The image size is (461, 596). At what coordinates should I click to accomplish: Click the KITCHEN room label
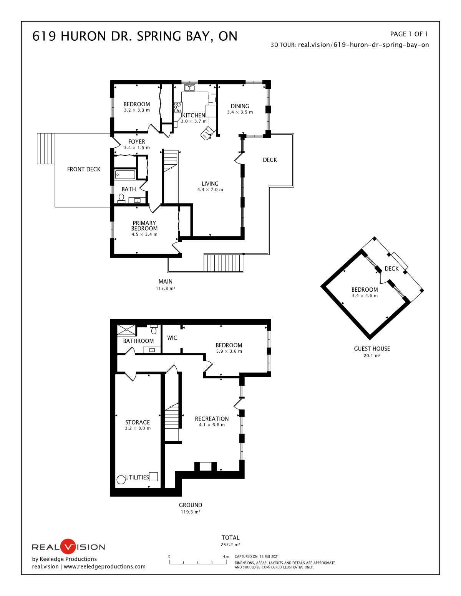click(194, 116)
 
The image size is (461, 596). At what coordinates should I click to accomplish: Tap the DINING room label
click(240, 106)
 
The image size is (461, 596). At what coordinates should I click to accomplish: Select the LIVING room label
click(210, 184)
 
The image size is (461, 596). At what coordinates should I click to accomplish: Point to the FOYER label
click(137, 142)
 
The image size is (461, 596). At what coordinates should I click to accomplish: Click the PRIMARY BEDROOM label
click(144, 226)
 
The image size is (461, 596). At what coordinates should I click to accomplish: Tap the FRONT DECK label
click(84, 169)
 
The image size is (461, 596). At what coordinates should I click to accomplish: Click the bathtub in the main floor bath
click(125, 175)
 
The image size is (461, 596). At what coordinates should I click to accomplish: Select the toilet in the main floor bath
click(121, 198)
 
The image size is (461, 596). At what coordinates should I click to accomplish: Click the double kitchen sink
click(190, 88)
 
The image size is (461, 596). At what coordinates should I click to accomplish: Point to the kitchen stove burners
click(177, 107)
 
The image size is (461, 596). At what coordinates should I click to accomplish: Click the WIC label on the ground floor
click(172, 338)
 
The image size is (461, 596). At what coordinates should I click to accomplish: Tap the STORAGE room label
click(138, 423)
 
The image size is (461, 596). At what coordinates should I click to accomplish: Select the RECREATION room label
click(212, 419)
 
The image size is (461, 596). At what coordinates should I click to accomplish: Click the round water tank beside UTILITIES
click(121, 480)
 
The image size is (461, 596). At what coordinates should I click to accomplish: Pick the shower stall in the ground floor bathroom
click(126, 330)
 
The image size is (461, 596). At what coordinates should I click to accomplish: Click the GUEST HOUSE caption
click(372, 348)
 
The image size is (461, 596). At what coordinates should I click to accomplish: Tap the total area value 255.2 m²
click(230, 545)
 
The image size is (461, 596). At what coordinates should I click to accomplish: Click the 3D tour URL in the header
click(363, 45)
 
